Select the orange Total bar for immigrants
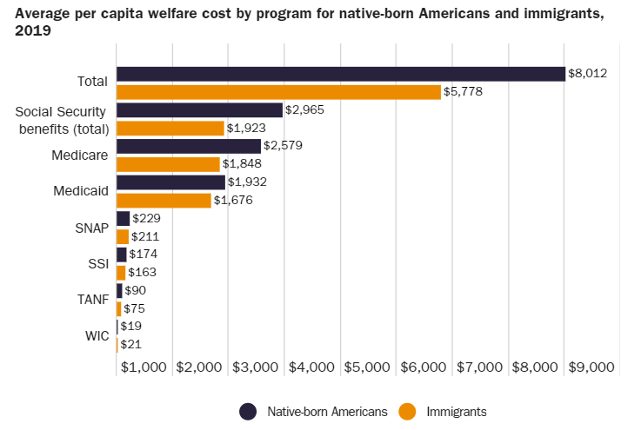[278, 92]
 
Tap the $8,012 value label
[587, 74]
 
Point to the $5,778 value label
[463, 91]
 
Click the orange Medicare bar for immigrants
[168, 164]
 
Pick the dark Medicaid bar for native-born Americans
[170, 182]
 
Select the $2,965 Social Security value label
[305, 110]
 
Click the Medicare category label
[80, 155]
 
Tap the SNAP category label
[92, 228]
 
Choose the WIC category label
[96, 334]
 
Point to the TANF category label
[92, 299]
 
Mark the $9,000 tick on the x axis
[592, 367]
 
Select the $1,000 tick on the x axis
[144, 367]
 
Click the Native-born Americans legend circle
[247, 411]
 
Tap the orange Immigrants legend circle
[406, 411]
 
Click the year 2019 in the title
[33, 30]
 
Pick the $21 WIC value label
[130, 345]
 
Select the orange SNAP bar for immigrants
[123, 236]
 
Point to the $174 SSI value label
[143, 255]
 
